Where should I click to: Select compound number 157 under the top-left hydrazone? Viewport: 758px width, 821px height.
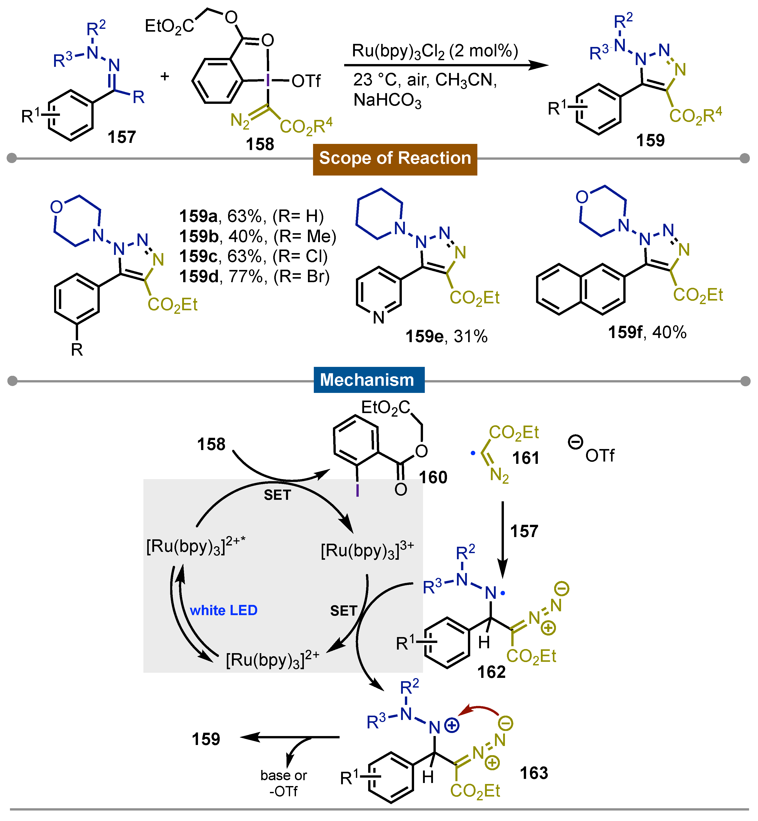pos(121,137)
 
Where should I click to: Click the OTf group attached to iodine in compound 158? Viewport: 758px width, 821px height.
pos(306,81)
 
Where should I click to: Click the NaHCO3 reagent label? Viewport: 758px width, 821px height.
pos(387,101)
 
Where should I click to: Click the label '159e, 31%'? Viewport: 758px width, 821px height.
pos(446,336)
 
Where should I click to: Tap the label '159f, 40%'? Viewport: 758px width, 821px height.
pos(647,332)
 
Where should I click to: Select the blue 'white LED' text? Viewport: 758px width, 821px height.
pos(223,610)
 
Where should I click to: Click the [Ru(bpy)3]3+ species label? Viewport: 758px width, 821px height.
pos(367,551)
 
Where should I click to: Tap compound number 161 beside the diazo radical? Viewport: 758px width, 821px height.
pos(525,458)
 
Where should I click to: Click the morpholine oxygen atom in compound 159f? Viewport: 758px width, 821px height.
pos(582,197)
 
